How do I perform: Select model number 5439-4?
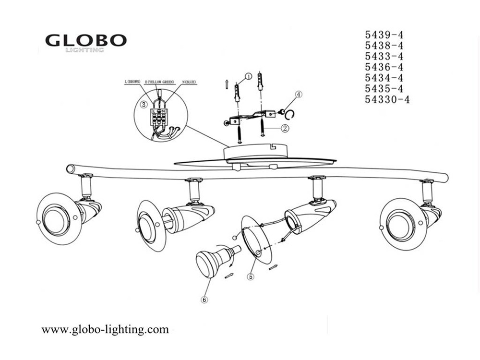click(384, 35)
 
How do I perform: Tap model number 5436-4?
click(384, 67)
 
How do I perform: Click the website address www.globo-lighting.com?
click(105, 329)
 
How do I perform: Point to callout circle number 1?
click(248, 76)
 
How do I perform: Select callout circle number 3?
click(143, 104)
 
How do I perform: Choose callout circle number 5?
click(250, 276)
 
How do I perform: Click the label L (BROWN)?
click(133, 82)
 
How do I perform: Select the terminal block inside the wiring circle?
click(159, 117)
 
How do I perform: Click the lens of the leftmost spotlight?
click(54, 216)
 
